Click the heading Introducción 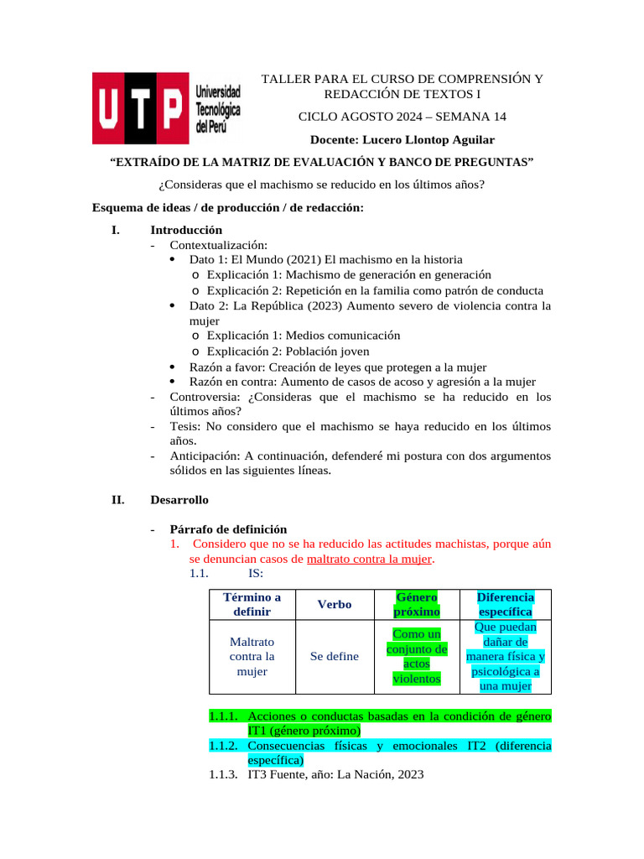[186, 229]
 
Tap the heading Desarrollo [179, 500]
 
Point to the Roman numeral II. [117, 500]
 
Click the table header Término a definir [252, 604]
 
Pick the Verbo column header [335, 604]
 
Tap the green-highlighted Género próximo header [417, 604]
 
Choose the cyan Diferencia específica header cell [506, 604]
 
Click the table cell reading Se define [335, 656]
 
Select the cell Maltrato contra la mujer [252, 656]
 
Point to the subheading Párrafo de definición [228, 529]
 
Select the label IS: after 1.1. [256, 574]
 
